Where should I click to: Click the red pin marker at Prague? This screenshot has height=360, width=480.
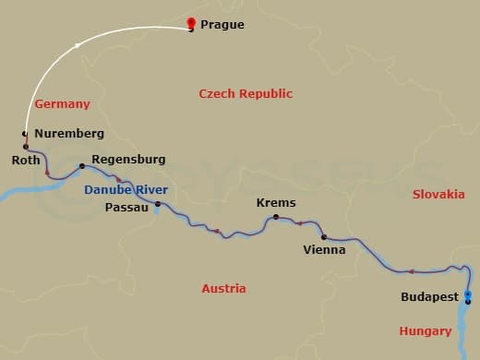coord(190,23)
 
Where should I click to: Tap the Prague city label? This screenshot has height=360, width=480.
coord(222,25)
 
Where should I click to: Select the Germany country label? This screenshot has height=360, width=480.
coord(62,104)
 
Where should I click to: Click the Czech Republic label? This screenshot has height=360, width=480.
coord(246,93)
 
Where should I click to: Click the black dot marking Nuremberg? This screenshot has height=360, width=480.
coord(25,135)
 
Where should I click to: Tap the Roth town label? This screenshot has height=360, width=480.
coord(25,160)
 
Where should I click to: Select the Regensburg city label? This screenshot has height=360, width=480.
coord(128,160)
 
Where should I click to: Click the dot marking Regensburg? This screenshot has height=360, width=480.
coord(82,166)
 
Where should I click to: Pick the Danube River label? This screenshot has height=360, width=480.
coord(126,189)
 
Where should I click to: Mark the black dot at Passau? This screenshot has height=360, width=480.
coord(157,204)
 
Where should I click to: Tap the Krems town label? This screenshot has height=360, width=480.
coord(274,203)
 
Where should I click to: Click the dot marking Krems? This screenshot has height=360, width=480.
coord(275,218)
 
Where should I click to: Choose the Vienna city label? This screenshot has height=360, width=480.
coord(324,249)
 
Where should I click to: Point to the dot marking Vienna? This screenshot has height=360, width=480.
coord(323,236)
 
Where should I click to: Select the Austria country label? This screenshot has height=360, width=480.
coord(223,288)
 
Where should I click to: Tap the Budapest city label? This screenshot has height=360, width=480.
coord(430,297)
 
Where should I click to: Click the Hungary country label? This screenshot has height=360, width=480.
coord(426,330)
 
